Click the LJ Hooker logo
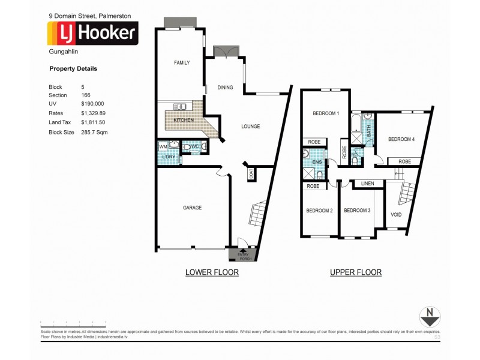click(x=93, y=33)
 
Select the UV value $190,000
click(x=93, y=103)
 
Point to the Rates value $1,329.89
click(x=94, y=112)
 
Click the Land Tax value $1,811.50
click(x=94, y=122)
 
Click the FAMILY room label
click(x=182, y=62)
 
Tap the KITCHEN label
click(x=183, y=121)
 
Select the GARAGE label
click(x=192, y=208)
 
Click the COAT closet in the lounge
click(x=250, y=175)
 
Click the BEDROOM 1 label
click(x=326, y=113)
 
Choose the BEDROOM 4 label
click(x=401, y=139)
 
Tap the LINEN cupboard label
click(x=368, y=184)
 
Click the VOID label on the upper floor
click(x=396, y=214)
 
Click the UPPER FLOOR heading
click(x=355, y=272)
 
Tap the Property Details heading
click(x=73, y=69)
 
